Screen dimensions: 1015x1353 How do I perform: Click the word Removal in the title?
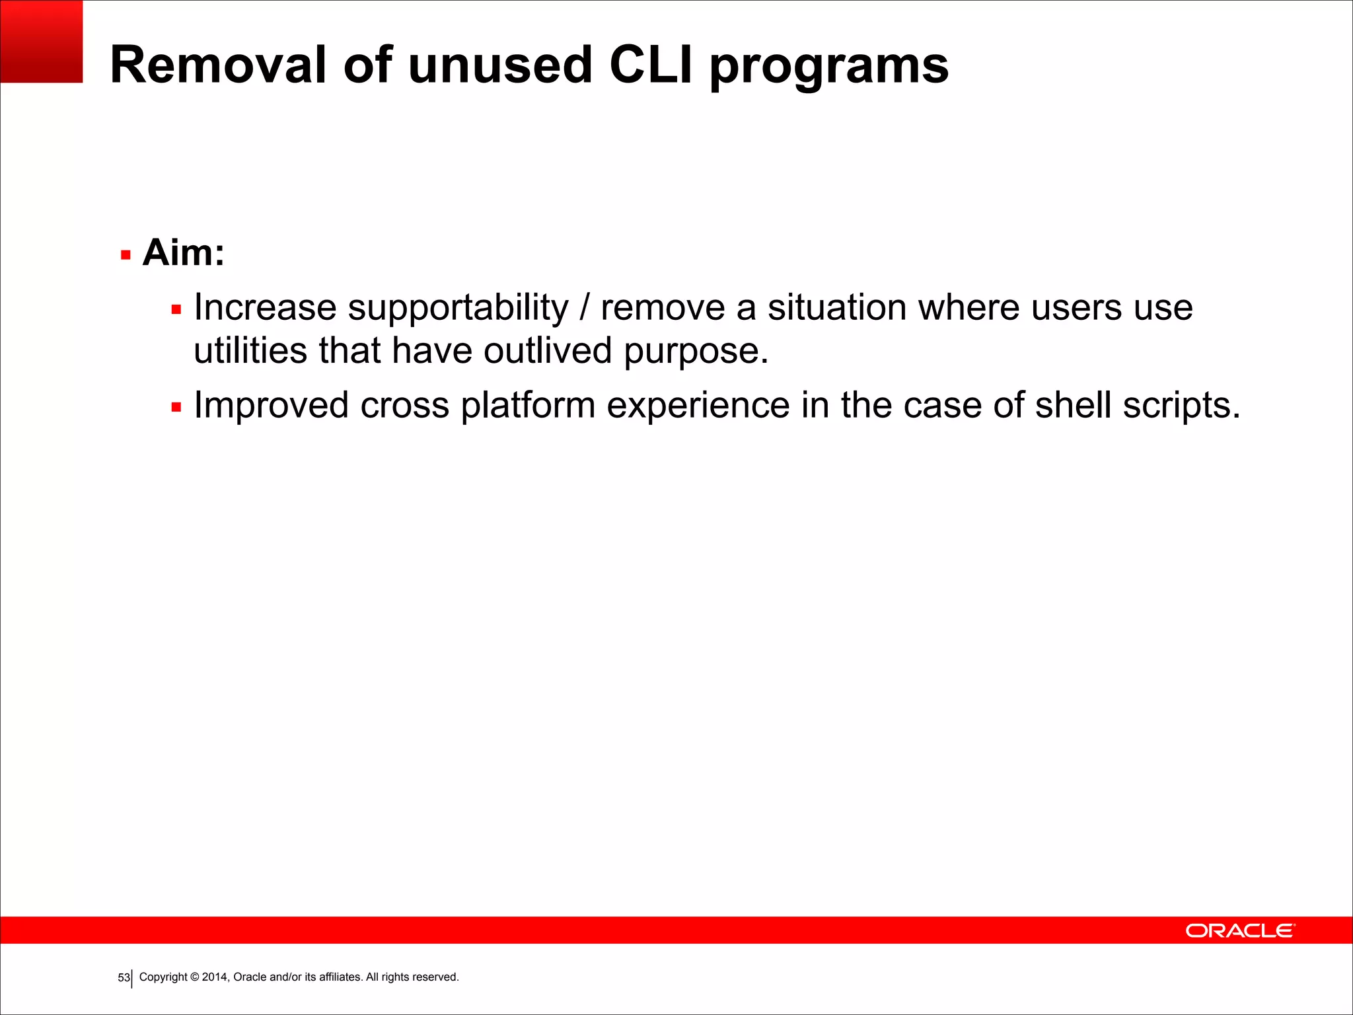tap(219, 65)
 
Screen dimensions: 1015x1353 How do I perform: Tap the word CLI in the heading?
tap(651, 65)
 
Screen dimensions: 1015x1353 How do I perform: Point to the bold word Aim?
tap(183, 252)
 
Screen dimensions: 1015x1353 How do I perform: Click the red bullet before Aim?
tap(126, 255)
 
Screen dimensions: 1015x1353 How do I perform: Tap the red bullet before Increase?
tap(176, 309)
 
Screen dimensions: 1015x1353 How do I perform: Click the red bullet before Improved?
tap(176, 407)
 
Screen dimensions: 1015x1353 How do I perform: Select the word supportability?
tap(458, 309)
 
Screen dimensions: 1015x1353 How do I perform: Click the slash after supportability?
tap(584, 309)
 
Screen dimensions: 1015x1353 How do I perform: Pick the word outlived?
tap(547, 350)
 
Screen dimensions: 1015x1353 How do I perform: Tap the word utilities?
tap(250, 350)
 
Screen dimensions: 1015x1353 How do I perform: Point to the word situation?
tap(836, 308)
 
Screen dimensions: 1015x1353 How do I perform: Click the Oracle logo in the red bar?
tap(1240, 930)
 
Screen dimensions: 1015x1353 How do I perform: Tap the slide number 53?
tap(124, 977)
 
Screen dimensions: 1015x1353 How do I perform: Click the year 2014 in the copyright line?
tap(215, 977)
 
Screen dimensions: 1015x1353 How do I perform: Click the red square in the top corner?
tap(41, 41)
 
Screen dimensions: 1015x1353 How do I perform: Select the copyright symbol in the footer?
tap(194, 977)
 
